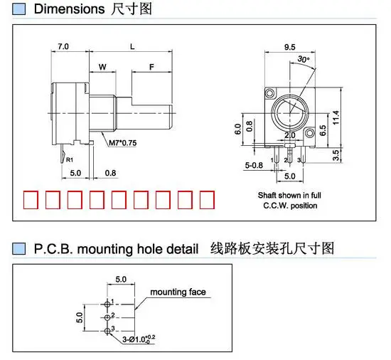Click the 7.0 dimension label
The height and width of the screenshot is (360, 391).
point(63,46)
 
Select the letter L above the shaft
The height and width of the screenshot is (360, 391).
point(132,46)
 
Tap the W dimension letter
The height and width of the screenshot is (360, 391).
point(102,67)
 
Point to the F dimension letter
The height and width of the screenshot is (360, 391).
point(151,67)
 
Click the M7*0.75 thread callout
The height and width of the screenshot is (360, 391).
point(123,143)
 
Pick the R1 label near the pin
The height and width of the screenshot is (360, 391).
point(70,159)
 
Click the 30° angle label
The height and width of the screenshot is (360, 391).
point(304,59)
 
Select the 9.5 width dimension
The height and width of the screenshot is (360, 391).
point(290,47)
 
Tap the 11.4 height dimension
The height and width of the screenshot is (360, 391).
point(336,117)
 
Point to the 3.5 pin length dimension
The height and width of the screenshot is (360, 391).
point(336,155)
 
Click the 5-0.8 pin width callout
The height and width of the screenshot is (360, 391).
point(254,165)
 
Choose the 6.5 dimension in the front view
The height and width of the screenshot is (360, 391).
point(323,130)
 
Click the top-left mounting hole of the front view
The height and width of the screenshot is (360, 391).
point(270,93)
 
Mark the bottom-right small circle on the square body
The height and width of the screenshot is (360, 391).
point(309,132)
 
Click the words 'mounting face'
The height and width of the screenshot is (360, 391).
point(178,292)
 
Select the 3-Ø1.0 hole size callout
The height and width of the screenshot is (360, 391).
point(139,339)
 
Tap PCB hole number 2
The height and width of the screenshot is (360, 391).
point(107,317)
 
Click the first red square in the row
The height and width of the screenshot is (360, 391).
point(31,200)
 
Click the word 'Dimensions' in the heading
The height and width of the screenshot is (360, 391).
point(70,9)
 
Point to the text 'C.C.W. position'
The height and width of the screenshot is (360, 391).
point(290,206)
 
